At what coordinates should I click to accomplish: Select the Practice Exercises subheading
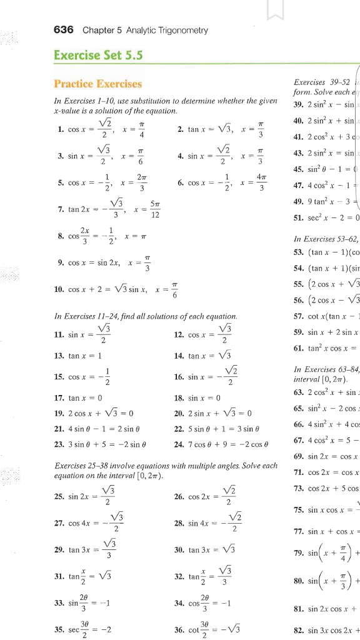[98, 83]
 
